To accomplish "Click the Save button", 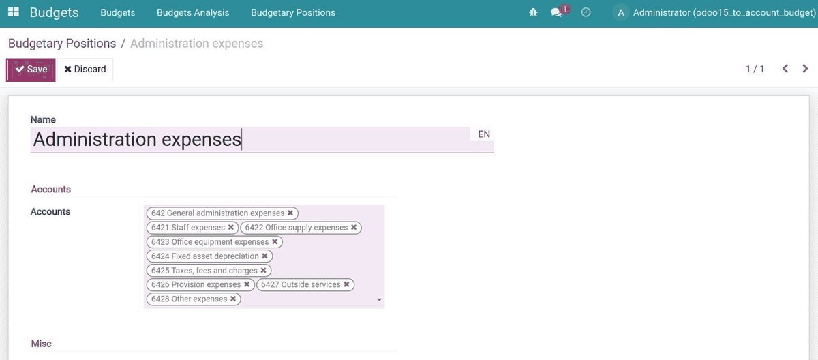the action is [31, 70].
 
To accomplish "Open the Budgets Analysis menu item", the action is [193, 12].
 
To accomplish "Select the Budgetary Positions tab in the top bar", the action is [293, 12].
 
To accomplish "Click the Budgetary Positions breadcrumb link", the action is [62, 44].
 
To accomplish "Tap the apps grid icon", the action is [14, 12].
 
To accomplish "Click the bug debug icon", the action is [533, 12].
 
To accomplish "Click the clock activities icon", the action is [586, 12].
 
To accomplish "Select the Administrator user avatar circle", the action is [621, 13].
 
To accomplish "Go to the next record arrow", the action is [805, 69].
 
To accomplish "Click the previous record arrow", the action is [785, 69].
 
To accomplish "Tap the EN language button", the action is [484, 134].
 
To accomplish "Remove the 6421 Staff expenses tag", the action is [231, 227].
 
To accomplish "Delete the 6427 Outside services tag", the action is [346, 284].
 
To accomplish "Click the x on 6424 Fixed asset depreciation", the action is [264, 256].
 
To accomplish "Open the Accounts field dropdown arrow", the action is [380, 299].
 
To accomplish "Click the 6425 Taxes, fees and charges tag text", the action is [204, 270].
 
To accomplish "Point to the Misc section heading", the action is [42, 344].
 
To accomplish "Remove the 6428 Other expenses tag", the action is [233, 299].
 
